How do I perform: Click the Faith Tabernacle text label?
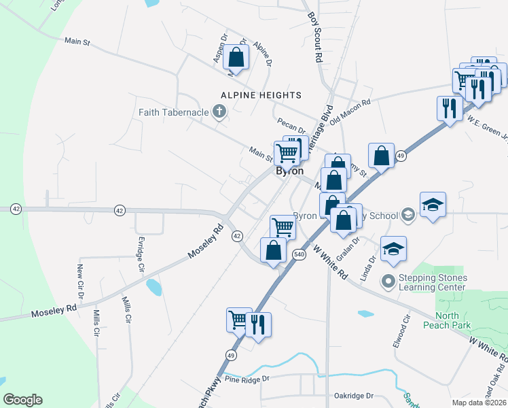click(173, 112)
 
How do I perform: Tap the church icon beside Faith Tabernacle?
click(219, 112)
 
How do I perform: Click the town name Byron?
click(289, 171)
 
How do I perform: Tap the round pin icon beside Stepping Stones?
click(388, 280)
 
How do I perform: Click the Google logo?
click(23, 400)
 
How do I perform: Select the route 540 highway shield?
click(299, 254)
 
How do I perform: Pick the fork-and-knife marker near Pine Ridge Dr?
click(258, 324)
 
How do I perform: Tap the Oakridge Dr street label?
click(354, 395)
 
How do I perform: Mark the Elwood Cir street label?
click(401, 331)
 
